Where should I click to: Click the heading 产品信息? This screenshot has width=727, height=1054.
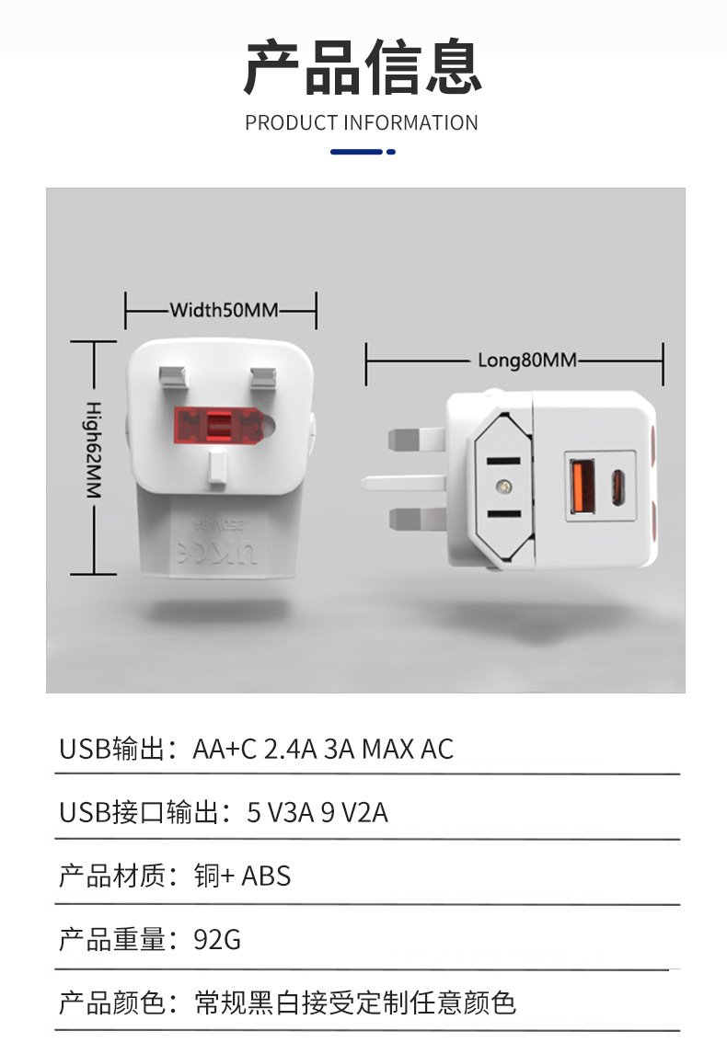tap(363, 68)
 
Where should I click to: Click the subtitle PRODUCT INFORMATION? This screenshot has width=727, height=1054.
tap(362, 123)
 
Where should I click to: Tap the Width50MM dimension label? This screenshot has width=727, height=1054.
tap(223, 310)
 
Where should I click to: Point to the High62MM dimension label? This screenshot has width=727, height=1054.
tap(93, 451)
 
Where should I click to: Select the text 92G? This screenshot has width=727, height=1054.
tap(217, 940)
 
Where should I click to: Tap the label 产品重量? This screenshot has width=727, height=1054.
tap(111, 940)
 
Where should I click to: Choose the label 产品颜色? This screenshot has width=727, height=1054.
tap(111, 1002)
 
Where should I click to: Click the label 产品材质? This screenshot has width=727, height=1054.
tap(111, 876)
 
